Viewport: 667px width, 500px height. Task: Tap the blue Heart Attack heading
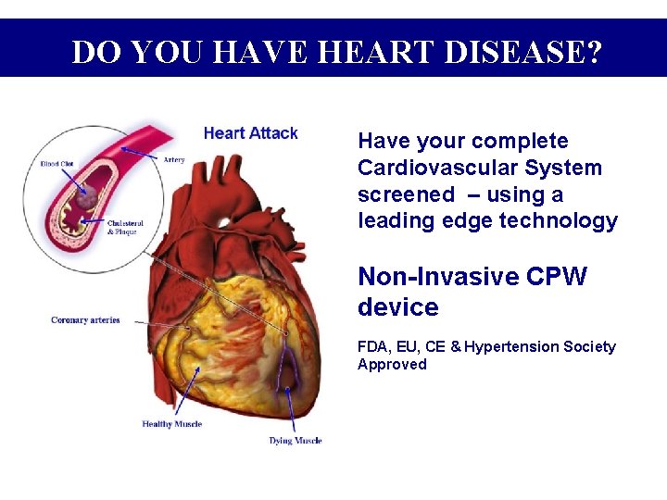pyautogui.click(x=250, y=133)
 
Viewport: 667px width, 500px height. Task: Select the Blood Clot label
pyautogui.click(x=59, y=165)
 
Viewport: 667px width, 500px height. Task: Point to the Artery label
pyautogui.click(x=174, y=160)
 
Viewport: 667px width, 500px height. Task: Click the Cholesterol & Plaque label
pyautogui.click(x=124, y=227)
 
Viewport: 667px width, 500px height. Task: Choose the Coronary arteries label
pyautogui.click(x=85, y=320)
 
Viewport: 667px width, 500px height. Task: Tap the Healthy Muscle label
pyautogui.click(x=171, y=424)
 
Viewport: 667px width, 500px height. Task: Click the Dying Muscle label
pyautogui.click(x=296, y=441)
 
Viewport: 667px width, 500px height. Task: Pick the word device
pyautogui.click(x=397, y=306)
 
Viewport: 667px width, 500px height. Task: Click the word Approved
pyautogui.click(x=392, y=365)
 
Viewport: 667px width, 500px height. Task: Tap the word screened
pyautogui.click(x=406, y=195)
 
